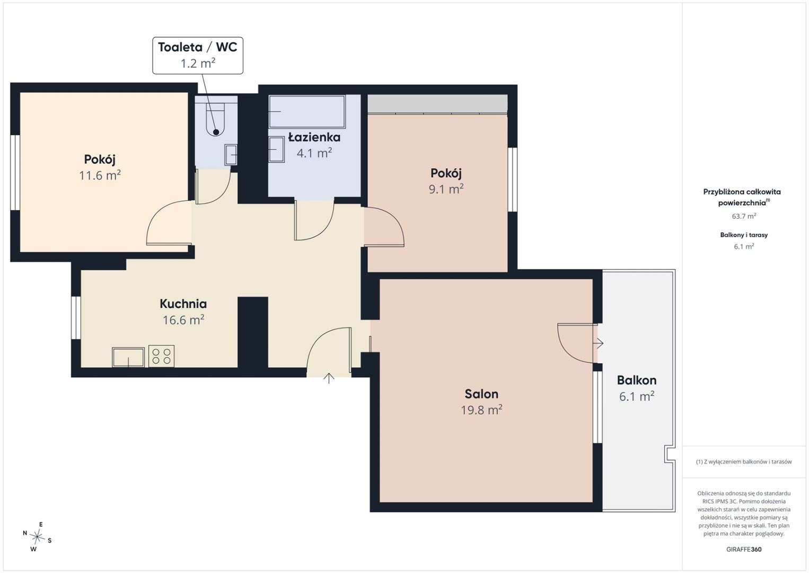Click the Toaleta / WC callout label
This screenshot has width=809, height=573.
tap(198, 55)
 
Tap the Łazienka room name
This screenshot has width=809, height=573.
tap(314, 137)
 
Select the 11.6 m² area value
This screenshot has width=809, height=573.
tap(100, 175)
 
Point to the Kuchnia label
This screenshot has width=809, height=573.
tap(183, 303)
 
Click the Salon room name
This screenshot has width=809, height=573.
tap(481, 394)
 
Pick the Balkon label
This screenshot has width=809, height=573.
tap(637, 380)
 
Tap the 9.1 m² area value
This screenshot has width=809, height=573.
tap(446, 189)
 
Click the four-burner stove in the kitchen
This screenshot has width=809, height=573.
tap(162, 355)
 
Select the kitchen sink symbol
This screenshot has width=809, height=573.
tap(128, 357)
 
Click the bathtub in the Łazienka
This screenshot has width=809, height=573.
tap(307, 112)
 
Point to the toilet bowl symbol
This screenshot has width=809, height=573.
tap(216, 117)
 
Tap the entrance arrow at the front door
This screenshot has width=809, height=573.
tap(329, 378)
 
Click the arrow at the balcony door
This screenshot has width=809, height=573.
tap(599, 343)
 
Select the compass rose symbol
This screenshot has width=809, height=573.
tap(37, 537)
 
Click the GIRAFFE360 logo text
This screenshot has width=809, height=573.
tap(744, 550)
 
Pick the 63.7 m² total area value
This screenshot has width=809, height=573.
tap(744, 216)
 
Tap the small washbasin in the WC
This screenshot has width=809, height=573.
tap(231, 155)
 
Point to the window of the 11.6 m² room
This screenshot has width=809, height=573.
tap(15, 172)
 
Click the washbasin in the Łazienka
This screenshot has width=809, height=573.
tap(276, 149)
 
